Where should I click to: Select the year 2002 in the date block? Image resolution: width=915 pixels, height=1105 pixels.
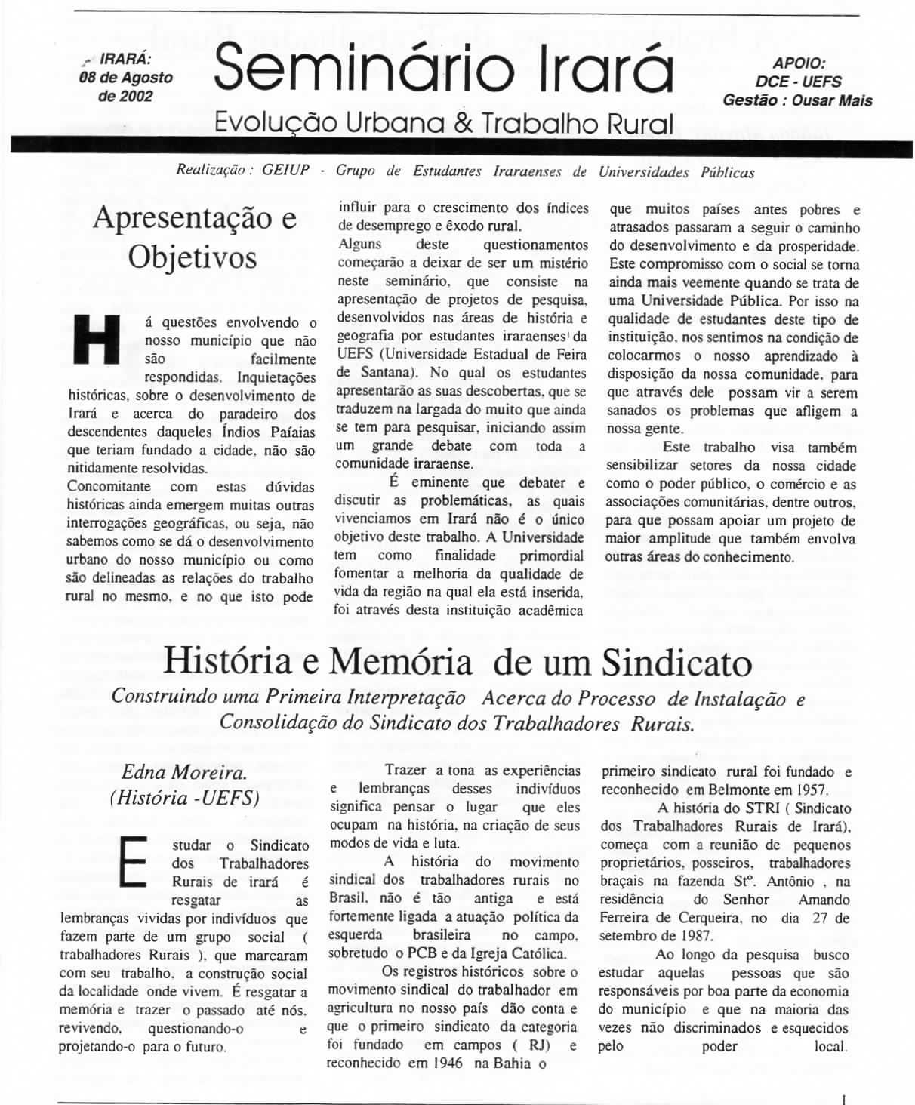point(137,96)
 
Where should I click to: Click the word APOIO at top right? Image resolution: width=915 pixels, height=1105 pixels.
point(799,64)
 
